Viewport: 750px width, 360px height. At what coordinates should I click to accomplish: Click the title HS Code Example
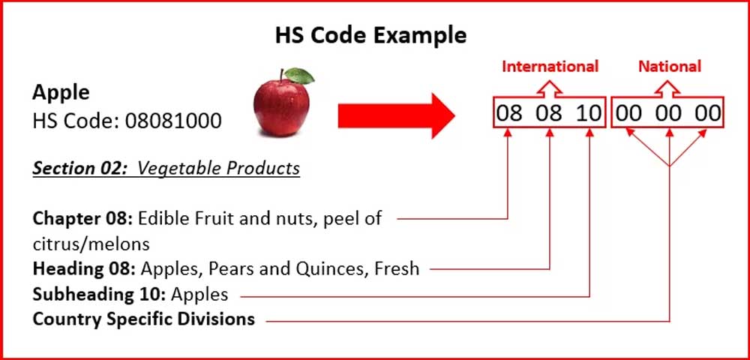click(370, 34)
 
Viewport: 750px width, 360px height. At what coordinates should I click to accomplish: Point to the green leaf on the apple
click(300, 75)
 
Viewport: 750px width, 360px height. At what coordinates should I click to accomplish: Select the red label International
click(550, 66)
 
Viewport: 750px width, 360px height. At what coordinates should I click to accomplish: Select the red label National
click(669, 66)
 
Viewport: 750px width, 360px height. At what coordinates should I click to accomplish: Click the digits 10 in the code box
click(589, 115)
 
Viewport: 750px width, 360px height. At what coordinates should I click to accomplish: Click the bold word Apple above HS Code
click(61, 93)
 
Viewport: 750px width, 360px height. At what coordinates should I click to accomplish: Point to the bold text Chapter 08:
click(83, 219)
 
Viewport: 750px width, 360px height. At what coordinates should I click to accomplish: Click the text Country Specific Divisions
click(143, 319)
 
